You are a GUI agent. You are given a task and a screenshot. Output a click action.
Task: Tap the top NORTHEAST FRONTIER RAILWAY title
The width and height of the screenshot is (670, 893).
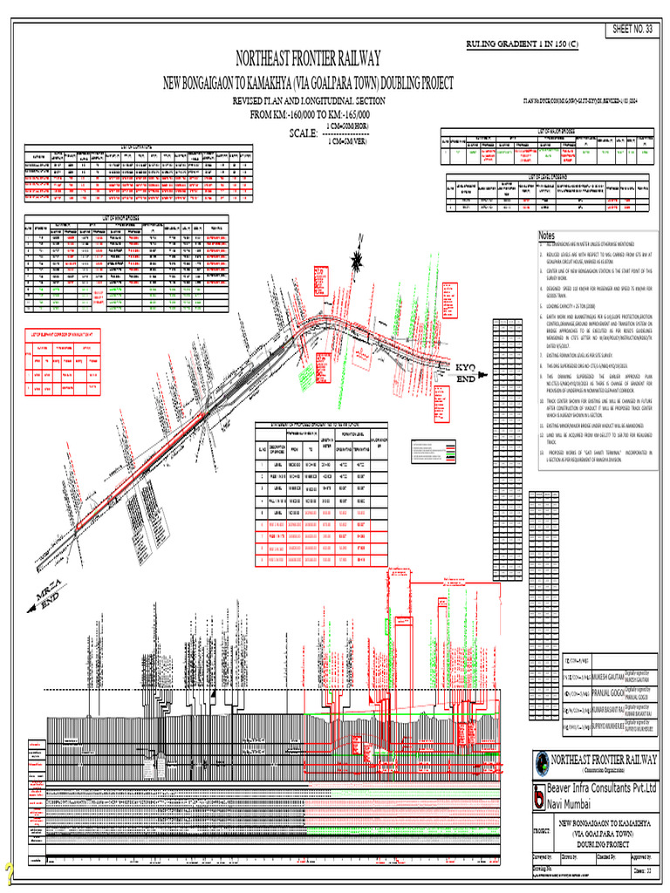tap(309, 60)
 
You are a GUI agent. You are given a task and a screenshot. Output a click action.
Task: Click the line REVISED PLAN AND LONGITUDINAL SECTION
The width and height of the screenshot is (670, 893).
tap(308, 102)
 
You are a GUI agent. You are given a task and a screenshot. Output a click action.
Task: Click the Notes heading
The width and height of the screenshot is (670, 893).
tap(547, 236)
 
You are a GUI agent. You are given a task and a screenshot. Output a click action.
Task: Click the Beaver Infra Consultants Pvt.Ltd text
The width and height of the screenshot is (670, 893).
tap(601, 789)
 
